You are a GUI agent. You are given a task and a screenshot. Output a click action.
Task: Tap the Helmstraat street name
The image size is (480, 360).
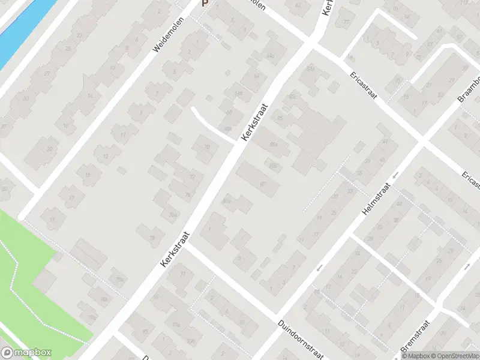[x=376, y=200]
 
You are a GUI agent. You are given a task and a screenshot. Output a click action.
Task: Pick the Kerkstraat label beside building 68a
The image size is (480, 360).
[x=254, y=122]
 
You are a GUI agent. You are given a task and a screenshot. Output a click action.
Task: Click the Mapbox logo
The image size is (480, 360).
[x=26, y=353]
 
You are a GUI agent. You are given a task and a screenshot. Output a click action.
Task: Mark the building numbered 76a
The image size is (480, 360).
[x=173, y=215]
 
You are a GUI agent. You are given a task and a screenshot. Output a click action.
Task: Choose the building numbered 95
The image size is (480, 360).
[x=145, y=331]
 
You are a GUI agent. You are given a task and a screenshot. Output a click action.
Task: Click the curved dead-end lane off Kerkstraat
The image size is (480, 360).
[x=210, y=123]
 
